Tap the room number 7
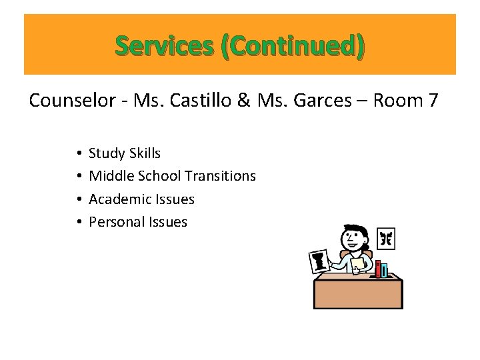(x=433, y=101)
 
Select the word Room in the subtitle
(x=398, y=101)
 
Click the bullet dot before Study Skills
(x=79, y=154)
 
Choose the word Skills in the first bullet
(x=144, y=153)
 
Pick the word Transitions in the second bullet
(x=220, y=176)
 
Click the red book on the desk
(x=377, y=269)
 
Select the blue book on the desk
(x=384, y=270)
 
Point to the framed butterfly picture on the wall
(x=386, y=238)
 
